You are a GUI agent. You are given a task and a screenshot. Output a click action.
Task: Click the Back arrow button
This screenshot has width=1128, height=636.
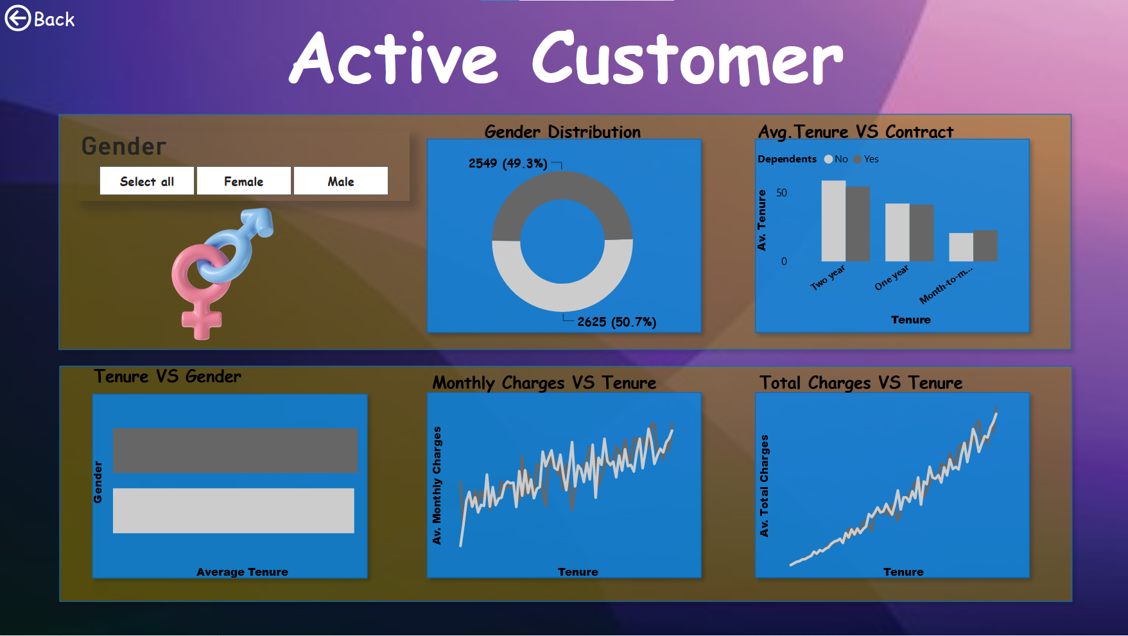tap(18, 18)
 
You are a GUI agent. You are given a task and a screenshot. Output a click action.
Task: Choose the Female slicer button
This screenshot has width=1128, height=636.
tap(243, 181)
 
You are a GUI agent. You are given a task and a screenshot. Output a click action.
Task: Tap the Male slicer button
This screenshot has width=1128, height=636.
tap(340, 181)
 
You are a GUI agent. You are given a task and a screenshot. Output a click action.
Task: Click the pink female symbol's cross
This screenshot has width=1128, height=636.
tap(202, 320)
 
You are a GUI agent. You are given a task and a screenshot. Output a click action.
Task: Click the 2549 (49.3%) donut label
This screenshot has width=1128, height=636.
tap(507, 164)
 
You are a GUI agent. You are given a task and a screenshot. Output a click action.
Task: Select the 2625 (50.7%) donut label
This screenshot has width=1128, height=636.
tap(616, 322)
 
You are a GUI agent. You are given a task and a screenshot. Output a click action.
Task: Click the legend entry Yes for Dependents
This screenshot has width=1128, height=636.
tap(867, 159)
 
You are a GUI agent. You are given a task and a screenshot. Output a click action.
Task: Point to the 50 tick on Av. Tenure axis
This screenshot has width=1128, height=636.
tap(781, 193)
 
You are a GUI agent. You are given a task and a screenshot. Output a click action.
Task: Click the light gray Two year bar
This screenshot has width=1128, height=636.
tap(833, 221)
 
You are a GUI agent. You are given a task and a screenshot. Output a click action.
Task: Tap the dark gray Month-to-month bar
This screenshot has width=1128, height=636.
tap(985, 246)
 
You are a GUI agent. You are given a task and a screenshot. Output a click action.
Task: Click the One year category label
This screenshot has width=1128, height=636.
tap(892, 277)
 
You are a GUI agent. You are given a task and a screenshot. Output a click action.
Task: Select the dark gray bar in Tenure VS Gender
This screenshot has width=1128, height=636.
tap(235, 451)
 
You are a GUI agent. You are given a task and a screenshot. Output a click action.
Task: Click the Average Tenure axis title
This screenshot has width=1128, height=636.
tap(242, 572)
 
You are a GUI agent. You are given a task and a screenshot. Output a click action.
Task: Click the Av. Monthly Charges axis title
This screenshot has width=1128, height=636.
tap(437, 485)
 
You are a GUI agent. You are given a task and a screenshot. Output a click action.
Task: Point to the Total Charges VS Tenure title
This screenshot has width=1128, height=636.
tap(860, 383)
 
